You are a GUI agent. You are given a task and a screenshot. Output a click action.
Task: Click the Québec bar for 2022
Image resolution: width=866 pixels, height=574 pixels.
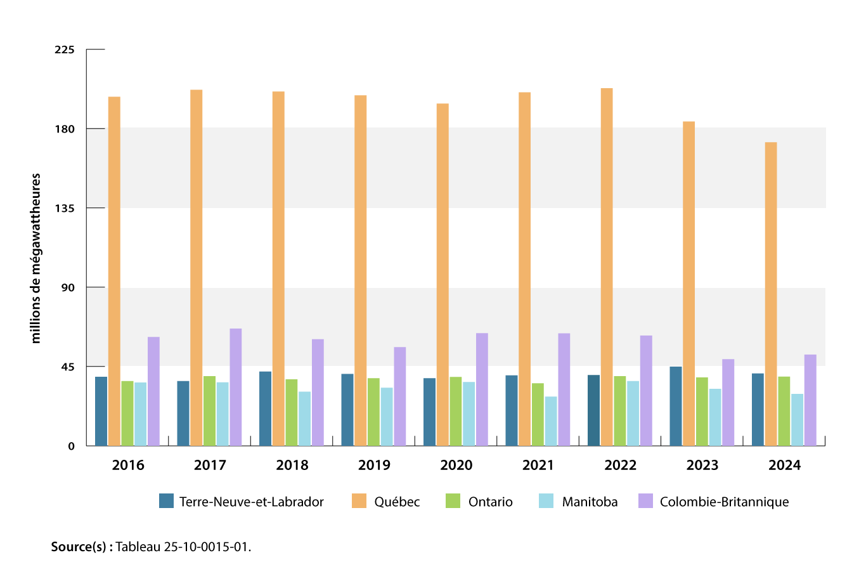click(x=607, y=266)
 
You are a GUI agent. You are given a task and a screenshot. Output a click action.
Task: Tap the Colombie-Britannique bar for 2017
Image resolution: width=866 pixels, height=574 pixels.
click(x=236, y=387)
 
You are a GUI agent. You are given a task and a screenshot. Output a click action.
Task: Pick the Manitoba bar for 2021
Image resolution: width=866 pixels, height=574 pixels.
click(x=551, y=421)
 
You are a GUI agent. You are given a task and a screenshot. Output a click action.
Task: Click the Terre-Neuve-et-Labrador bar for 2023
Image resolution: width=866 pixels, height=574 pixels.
click(x=676, y=406)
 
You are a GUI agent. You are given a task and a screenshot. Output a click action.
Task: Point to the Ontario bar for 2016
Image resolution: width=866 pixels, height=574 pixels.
click(x=127, y=413)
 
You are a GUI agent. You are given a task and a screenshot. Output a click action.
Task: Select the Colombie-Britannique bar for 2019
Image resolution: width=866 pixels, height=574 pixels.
click(x=399, y=396)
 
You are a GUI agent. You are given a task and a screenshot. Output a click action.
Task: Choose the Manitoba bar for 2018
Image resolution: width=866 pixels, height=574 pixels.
click(x=305, y=419)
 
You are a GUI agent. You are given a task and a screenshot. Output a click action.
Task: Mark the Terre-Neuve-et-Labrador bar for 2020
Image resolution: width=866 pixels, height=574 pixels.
click(x=430, y=412)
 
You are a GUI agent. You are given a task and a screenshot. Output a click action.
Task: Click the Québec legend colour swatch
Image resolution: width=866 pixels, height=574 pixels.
click(x=359, y=501)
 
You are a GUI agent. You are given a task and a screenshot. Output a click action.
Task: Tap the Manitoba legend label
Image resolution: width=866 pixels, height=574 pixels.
click(x=590, y=502)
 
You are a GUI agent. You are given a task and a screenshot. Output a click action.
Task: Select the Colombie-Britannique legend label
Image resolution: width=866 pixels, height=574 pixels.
click(x=724, y=502)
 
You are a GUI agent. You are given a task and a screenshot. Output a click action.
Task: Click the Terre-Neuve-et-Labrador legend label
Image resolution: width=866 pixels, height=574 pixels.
click(x=251, y=502)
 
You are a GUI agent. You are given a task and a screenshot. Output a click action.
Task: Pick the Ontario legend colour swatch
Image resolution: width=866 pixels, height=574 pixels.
click(x=453, y=501)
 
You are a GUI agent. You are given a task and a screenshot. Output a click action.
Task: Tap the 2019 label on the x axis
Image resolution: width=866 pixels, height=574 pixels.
click(x=374, y=465)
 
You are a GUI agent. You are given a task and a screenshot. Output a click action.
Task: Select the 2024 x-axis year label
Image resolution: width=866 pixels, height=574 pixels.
click(x=784, y=465)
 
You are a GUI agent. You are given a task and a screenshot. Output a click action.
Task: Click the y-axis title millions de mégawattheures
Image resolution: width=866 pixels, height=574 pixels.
click(x=36, y=258)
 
